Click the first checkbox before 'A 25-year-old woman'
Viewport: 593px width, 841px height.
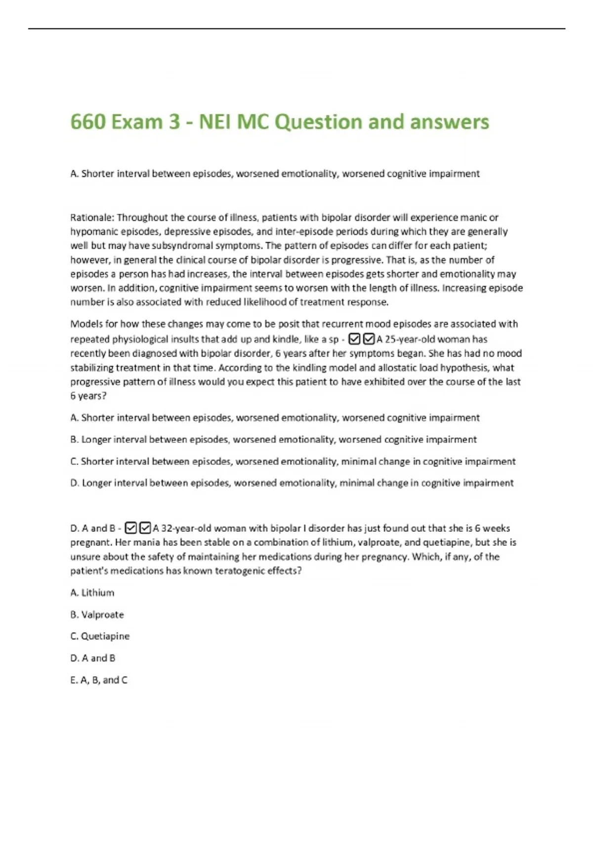tap(354, 339)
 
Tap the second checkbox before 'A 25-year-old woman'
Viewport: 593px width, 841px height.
tap(369, 339)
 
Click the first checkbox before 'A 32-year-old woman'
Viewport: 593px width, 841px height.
tap(130, 528)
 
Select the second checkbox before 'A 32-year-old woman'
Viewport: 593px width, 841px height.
tap(145, 528)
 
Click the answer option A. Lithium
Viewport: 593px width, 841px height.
tap(92, 593)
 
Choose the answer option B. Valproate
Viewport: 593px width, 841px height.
tap(97, 614)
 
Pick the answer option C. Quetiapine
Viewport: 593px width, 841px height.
tap(100, 636)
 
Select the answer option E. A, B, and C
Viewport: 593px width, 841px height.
tap(99, 680)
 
